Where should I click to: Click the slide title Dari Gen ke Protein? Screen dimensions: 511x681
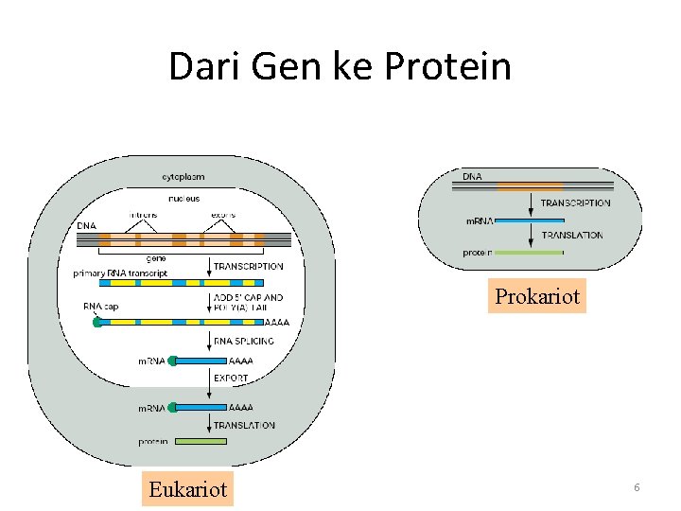click(340, 67)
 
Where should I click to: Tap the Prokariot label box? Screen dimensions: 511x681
click(537, 296)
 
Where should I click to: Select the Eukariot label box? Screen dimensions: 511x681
click(188, 488)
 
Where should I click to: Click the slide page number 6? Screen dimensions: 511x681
click(637, 486)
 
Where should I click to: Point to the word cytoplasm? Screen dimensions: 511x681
click(183, 177)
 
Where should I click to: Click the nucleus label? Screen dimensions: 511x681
click(183, 199)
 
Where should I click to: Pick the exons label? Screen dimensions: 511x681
click(223, 215)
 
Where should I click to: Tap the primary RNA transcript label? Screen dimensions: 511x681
click(120, 273)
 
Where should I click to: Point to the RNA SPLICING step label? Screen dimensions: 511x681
click(243, 341)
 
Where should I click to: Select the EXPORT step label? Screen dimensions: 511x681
click(231, 378)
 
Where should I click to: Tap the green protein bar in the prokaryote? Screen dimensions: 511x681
click(530, 253)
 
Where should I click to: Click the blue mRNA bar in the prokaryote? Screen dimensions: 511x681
click(530, 220)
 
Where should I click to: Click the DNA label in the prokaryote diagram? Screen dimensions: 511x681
click(471, 176)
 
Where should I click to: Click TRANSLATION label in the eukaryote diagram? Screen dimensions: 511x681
click(244, 426)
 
